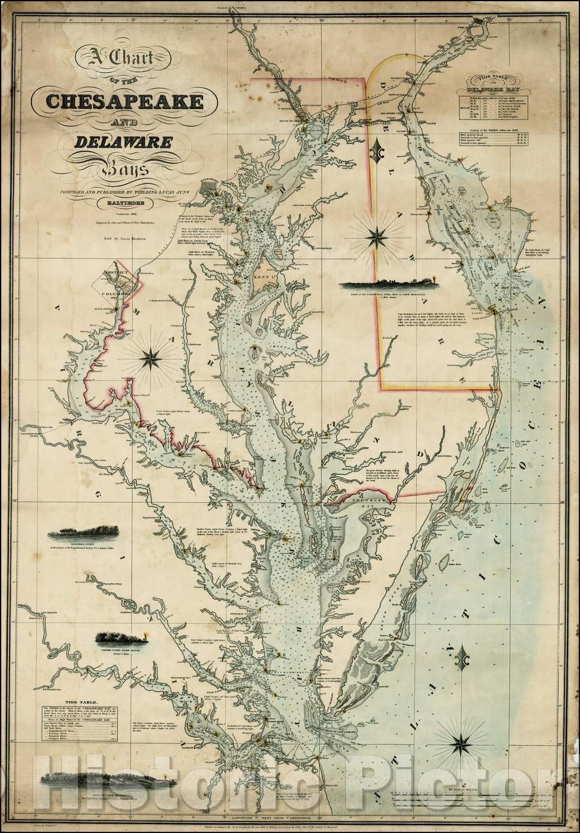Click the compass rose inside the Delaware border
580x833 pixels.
pyautogui.click(x=376, y=237)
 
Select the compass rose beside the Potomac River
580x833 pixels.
pyautogui.click(x=149, y=358)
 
